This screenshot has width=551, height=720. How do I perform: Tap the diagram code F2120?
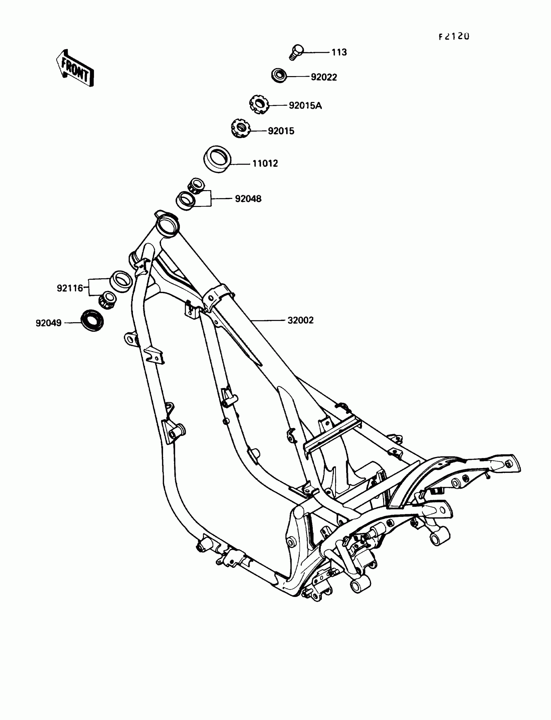point(454,36)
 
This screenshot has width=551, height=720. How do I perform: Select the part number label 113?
point(339,52)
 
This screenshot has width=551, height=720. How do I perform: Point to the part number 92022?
point(324,77)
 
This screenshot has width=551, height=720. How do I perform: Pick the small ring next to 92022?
point(279,76)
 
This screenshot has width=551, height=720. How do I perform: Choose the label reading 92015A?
point(305,106)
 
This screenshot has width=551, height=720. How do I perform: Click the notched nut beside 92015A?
point(259,104)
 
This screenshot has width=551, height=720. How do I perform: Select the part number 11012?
point(265,164)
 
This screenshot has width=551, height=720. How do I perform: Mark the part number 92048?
point(248,199)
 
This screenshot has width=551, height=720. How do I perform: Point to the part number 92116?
point(70,288)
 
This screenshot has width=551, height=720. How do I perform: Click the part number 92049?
point(49,323)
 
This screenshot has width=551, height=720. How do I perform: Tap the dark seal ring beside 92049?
point(92,320)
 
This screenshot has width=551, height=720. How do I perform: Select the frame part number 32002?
point(300,320)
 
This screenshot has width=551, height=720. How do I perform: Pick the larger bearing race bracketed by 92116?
point(121,280)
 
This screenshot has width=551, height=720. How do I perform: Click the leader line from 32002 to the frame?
point(267,320)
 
